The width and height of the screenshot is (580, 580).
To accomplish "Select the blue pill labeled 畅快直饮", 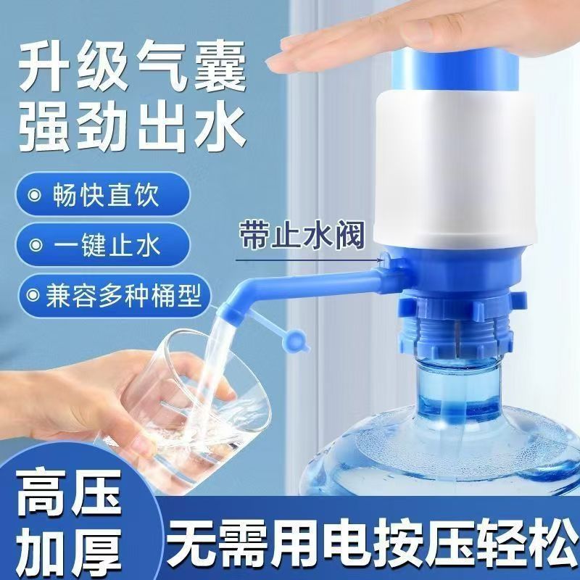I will pyautogui.click(x=101, y=196).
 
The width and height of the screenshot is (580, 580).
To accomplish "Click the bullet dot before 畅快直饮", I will pyautogui.click(x=33, y=196).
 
